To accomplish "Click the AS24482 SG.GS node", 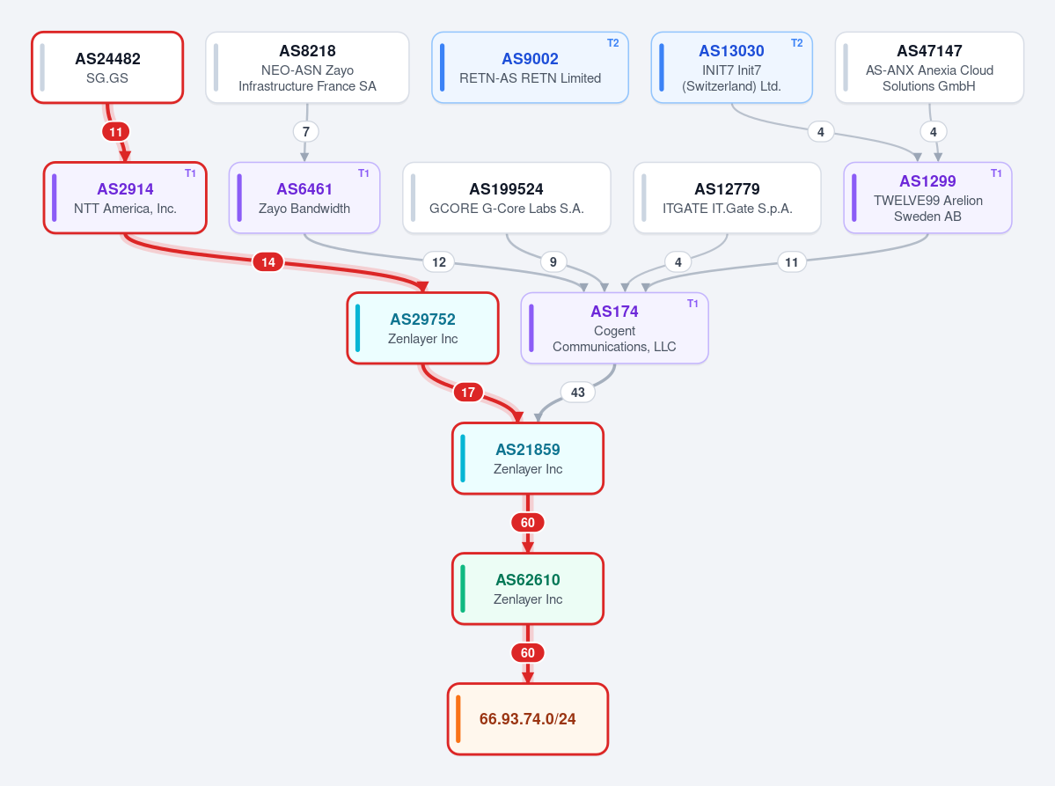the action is coord(107,67).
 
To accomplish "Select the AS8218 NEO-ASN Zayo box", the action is coord(307,67).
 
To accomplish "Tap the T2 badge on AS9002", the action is coord(613,43).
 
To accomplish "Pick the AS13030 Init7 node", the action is coord(731,67).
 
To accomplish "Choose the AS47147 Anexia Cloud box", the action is coord(929,67).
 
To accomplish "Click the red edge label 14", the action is coord(268,261).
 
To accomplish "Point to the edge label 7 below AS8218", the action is coord(306,131).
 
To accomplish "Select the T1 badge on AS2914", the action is coord(190,173).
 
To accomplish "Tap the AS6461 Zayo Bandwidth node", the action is coord(304,198).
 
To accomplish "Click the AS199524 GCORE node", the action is coord(507,198).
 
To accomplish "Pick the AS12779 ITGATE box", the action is coord(728,198).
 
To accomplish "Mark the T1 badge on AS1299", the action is coord(996,173).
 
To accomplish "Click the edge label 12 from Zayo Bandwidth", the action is coord(439,261).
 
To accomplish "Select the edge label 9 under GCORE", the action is coord(553,261).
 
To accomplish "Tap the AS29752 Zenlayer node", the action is coord(422,328).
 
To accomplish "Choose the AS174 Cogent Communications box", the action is coord(614,328).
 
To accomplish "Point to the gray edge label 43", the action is coord(578,392).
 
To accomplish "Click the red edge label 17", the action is coord(468,392).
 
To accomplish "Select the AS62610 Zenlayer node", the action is coord(528,589).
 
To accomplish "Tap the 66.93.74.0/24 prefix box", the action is coord(528,719).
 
